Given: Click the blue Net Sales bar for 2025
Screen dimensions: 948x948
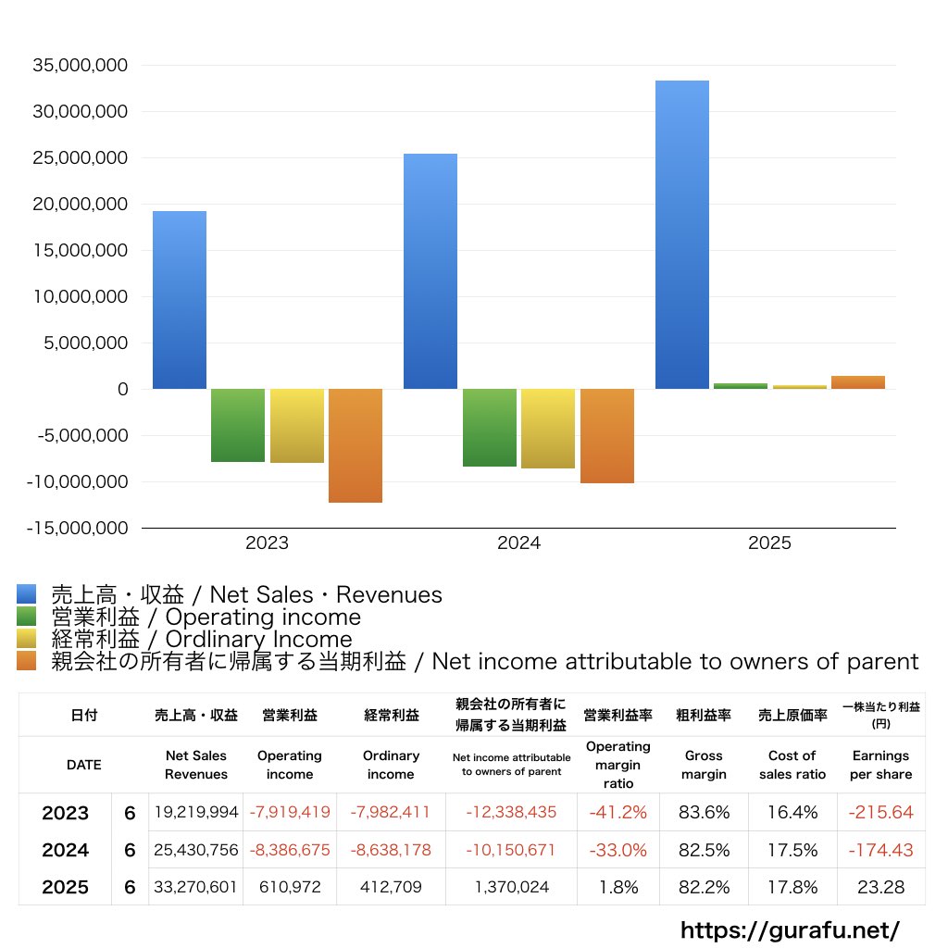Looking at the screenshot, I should tap(682, 234).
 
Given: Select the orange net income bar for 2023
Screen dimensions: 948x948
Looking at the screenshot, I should tap(355, 445).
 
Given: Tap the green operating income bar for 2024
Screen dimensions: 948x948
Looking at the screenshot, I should tap(490, 428).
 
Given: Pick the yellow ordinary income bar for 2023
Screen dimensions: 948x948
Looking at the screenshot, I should tap(297, 426).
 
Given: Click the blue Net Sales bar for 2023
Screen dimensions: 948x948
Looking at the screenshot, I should tap(180, 300).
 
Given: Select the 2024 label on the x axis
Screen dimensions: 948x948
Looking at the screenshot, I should tap(518, 543).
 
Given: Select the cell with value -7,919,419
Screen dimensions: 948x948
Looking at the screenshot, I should tap(290, 813).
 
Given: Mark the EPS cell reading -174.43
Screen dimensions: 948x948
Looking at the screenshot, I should tap(880, 850).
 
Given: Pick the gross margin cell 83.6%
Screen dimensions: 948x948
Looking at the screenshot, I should tap(704, 813).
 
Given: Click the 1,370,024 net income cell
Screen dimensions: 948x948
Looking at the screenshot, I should tap(510, 887).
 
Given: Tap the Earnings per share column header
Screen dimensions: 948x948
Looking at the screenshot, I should tap(880, 765).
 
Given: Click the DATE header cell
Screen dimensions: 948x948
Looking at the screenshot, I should tap(83, 765).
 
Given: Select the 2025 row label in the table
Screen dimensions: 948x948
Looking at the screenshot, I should tap(66, 887).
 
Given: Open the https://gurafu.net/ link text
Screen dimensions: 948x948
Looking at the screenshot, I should tap(790, 929).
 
